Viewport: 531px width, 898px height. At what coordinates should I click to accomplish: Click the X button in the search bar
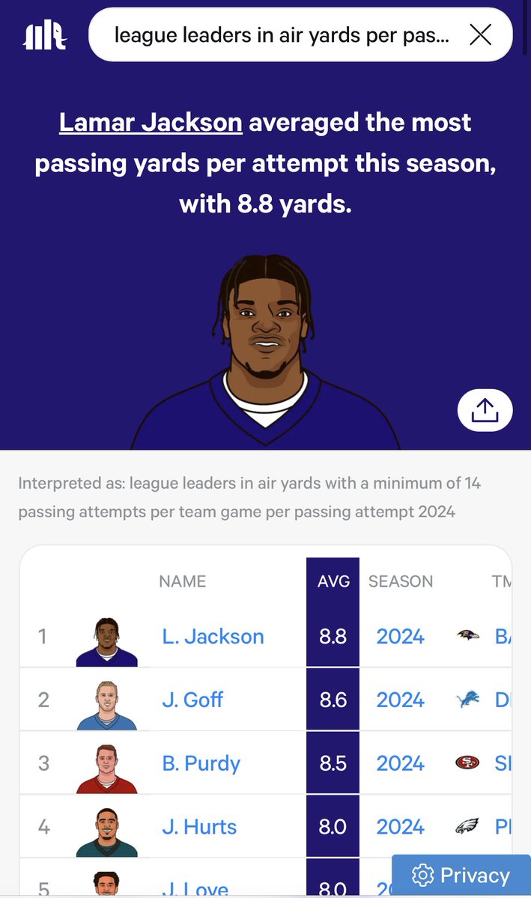pos(480,34)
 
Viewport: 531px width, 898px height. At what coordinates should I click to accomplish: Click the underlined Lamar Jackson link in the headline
pos(151,122)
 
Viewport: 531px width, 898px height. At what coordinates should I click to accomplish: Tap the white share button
pos(485,409)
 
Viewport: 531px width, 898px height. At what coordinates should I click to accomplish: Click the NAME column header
pos(182,581)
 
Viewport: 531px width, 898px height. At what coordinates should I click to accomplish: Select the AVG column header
pos(333,581)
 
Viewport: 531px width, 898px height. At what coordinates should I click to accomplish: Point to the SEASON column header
pos(401,581)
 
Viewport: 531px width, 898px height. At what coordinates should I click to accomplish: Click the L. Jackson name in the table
pos(213,637)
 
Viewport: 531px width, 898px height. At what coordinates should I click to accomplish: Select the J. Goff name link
pos(192,700)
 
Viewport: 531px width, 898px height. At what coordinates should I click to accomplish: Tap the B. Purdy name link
pos(201,764)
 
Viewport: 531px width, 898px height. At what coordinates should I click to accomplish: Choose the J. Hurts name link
pos(199,827)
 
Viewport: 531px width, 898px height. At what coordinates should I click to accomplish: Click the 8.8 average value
pos(333,637)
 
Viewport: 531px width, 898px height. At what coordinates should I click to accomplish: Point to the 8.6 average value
pos(333,700)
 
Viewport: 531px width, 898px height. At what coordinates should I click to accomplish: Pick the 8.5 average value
pos(333,764)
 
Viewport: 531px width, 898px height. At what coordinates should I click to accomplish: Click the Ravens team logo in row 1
pos(467,637)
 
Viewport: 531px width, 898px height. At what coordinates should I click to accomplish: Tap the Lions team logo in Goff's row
pos(467,700)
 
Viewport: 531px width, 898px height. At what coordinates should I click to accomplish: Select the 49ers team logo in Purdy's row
pos(467,763)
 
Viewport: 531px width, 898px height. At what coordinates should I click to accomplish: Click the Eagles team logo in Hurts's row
pos(467,827)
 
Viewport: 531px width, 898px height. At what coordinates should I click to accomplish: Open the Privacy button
pos(461,875)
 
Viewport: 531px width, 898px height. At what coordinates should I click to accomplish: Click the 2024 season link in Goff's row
pos(400,700)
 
